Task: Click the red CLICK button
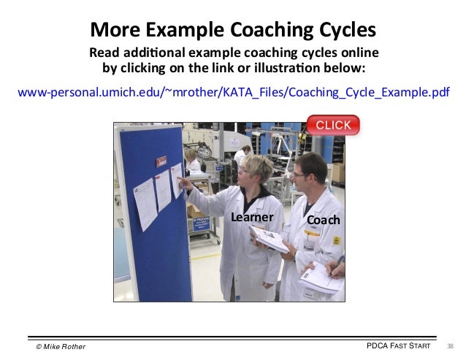pyautogui.click(x=333, y=125)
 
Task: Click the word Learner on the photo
pyautogui.click(x=252, y=217)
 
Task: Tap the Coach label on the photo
pyautogui.click(x=323, y=220)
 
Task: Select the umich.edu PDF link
pyautogui.click(x=233, y=93)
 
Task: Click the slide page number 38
pyautogui.click(x=450, y=345)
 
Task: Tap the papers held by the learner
pyautogui.click(x=269, y=237)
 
